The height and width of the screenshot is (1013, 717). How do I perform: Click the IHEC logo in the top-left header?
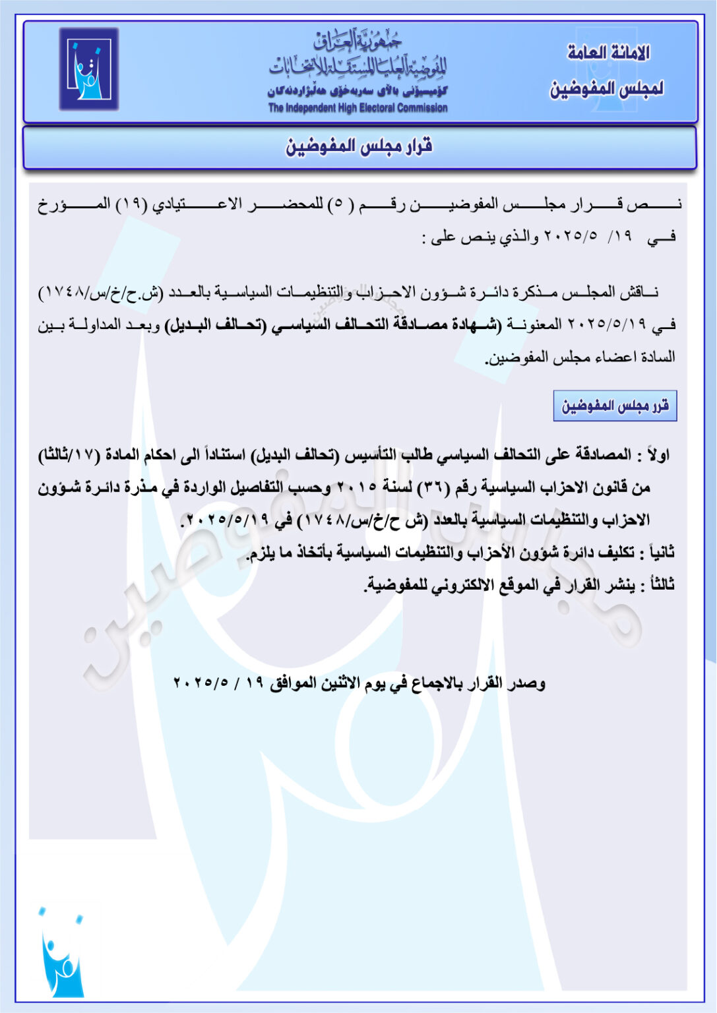coord(88,69)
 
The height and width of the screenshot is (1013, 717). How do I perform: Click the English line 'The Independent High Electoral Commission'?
coord(358,108)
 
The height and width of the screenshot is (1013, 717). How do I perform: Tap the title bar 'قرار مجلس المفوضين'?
coord(359,146)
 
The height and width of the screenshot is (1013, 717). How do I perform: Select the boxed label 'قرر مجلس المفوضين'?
coord(615,406)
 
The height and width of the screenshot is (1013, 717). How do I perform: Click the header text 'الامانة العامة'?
coord(608,53)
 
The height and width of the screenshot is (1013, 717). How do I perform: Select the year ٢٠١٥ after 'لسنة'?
coord(357,487)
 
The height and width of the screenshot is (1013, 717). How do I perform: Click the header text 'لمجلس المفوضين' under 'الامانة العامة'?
coord(607,88)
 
